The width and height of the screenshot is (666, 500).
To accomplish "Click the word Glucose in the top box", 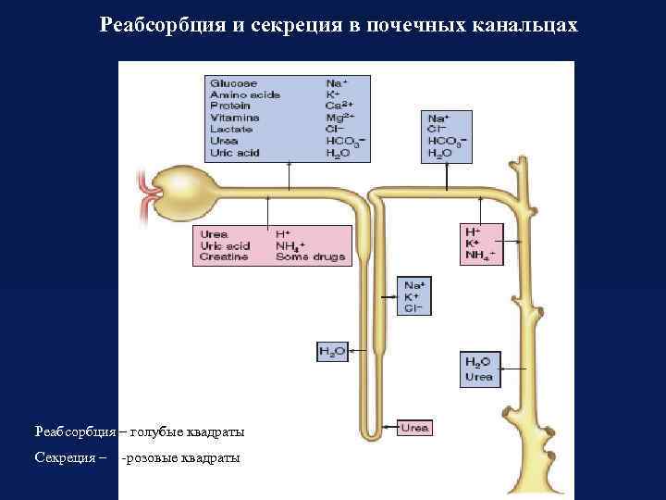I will (234, 83).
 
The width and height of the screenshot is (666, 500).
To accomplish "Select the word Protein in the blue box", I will (231, 106).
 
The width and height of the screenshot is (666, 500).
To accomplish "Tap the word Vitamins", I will (235, 118).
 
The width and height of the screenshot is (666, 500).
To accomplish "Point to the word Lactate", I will (231, 130).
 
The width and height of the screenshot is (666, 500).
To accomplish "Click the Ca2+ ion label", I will (340, 106).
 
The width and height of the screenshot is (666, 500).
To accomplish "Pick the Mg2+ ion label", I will (340, 118).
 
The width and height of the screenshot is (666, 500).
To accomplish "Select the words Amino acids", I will (245, 95).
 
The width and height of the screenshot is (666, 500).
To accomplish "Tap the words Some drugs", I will (309, 257).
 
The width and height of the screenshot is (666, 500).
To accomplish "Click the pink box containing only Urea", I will (414, 428).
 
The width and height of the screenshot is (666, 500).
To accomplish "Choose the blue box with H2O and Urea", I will (479, 368).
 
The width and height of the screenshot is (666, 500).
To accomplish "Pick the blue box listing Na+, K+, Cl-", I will (413, 296).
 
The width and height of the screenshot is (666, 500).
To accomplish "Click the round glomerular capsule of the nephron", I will (181, 189).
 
